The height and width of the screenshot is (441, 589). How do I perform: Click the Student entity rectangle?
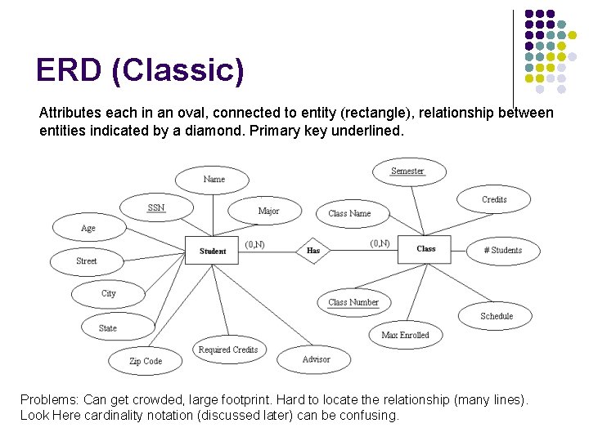213,251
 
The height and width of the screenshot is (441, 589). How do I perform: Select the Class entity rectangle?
425,249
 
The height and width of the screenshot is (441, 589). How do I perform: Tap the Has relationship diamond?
313,251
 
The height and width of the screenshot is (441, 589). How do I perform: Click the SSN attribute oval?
156,208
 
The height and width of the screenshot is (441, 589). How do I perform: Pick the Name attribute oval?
214,180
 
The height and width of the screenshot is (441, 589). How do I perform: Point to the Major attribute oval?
268,212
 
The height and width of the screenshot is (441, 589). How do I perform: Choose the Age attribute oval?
88,229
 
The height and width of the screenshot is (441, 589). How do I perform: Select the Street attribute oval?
86,261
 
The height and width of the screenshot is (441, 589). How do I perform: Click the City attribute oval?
108,294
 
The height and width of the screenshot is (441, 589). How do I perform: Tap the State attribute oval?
108,328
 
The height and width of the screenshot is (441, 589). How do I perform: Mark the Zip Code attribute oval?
146,361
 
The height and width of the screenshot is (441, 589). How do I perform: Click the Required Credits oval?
227,350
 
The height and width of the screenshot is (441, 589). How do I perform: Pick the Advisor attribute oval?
316,359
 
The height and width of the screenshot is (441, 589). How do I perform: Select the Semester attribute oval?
407,171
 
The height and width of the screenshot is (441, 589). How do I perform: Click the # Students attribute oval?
502,251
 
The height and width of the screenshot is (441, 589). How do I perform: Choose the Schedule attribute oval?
497,316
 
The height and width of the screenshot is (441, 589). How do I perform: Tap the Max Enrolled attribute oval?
405,335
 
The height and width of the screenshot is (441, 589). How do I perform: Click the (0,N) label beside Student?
254,244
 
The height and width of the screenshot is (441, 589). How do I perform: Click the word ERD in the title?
69,71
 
